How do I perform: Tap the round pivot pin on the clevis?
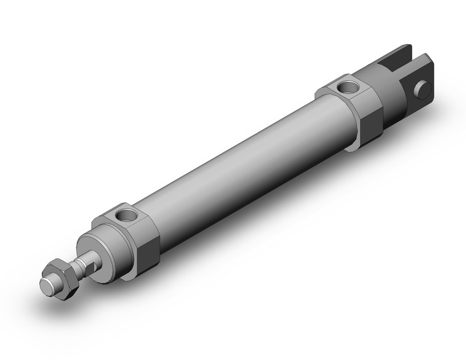pos(421,91)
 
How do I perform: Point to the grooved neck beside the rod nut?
pos(78,265)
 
